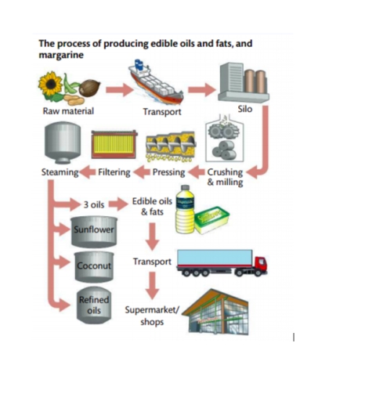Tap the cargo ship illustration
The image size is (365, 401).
(x=155, y=83)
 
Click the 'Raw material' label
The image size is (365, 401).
(x=68, y=111)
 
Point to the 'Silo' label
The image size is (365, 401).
(x=246, y=111)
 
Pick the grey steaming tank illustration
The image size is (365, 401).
(x=60, y=143)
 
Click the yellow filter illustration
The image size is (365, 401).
(x=114, y=144)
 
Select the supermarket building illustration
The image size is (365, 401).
(x=215, y=311)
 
